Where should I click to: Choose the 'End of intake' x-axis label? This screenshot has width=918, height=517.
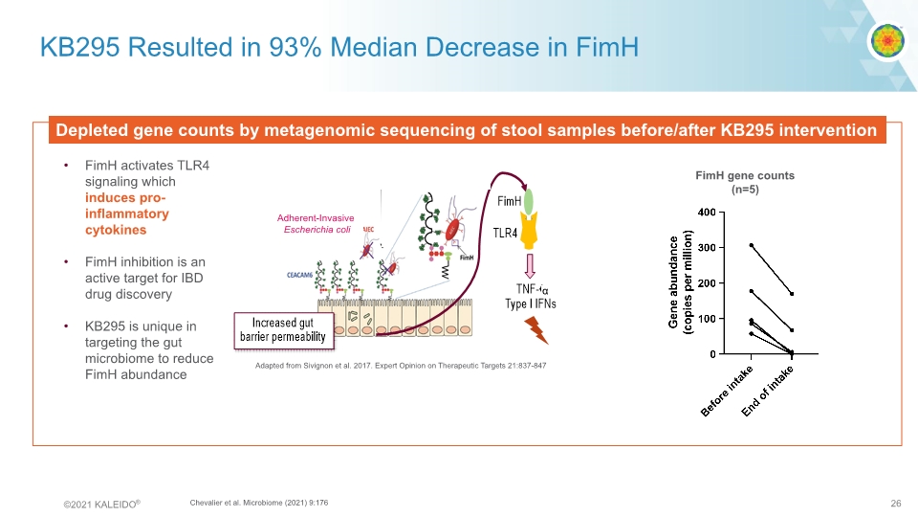coord(770,393)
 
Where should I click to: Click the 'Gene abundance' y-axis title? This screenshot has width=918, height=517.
coord(680,282)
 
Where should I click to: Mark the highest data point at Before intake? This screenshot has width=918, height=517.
coord(752,245)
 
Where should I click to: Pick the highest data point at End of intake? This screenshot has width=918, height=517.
coord(791,294)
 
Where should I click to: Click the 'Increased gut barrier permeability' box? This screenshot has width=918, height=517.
coord(284,328)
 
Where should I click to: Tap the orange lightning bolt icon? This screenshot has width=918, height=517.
coord(538,330)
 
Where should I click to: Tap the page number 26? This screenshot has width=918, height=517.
coord(896,502)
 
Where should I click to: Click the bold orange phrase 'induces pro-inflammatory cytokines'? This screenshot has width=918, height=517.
coord(125,214)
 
